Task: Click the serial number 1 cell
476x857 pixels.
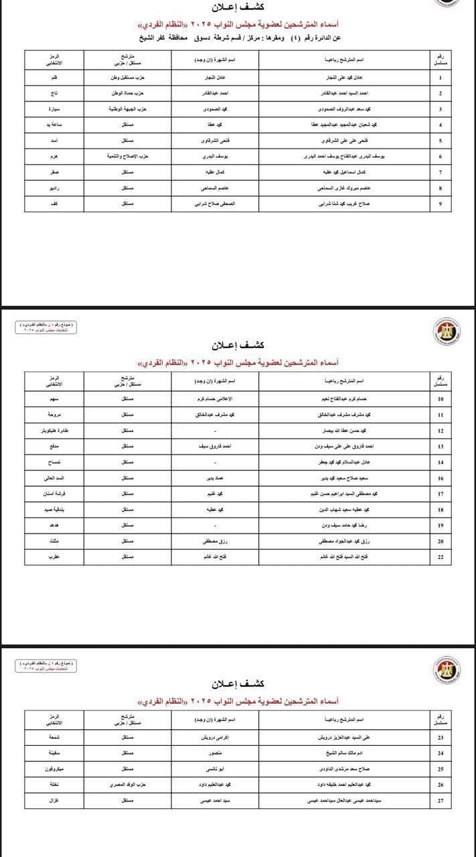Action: pos(440,78)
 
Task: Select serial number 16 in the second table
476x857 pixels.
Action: pos(440,479)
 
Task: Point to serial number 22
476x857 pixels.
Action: pos(440,556)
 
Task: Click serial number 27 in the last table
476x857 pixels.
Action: pos(440,800)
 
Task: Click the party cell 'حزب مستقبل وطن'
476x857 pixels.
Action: pos(124,78)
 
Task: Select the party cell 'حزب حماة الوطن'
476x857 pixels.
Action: pos(124,93)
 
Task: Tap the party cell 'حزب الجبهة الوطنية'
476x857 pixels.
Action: pos(124,108)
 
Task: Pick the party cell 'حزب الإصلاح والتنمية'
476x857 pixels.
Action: pos(124,155)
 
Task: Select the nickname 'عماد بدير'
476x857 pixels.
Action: pos(214,479)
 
